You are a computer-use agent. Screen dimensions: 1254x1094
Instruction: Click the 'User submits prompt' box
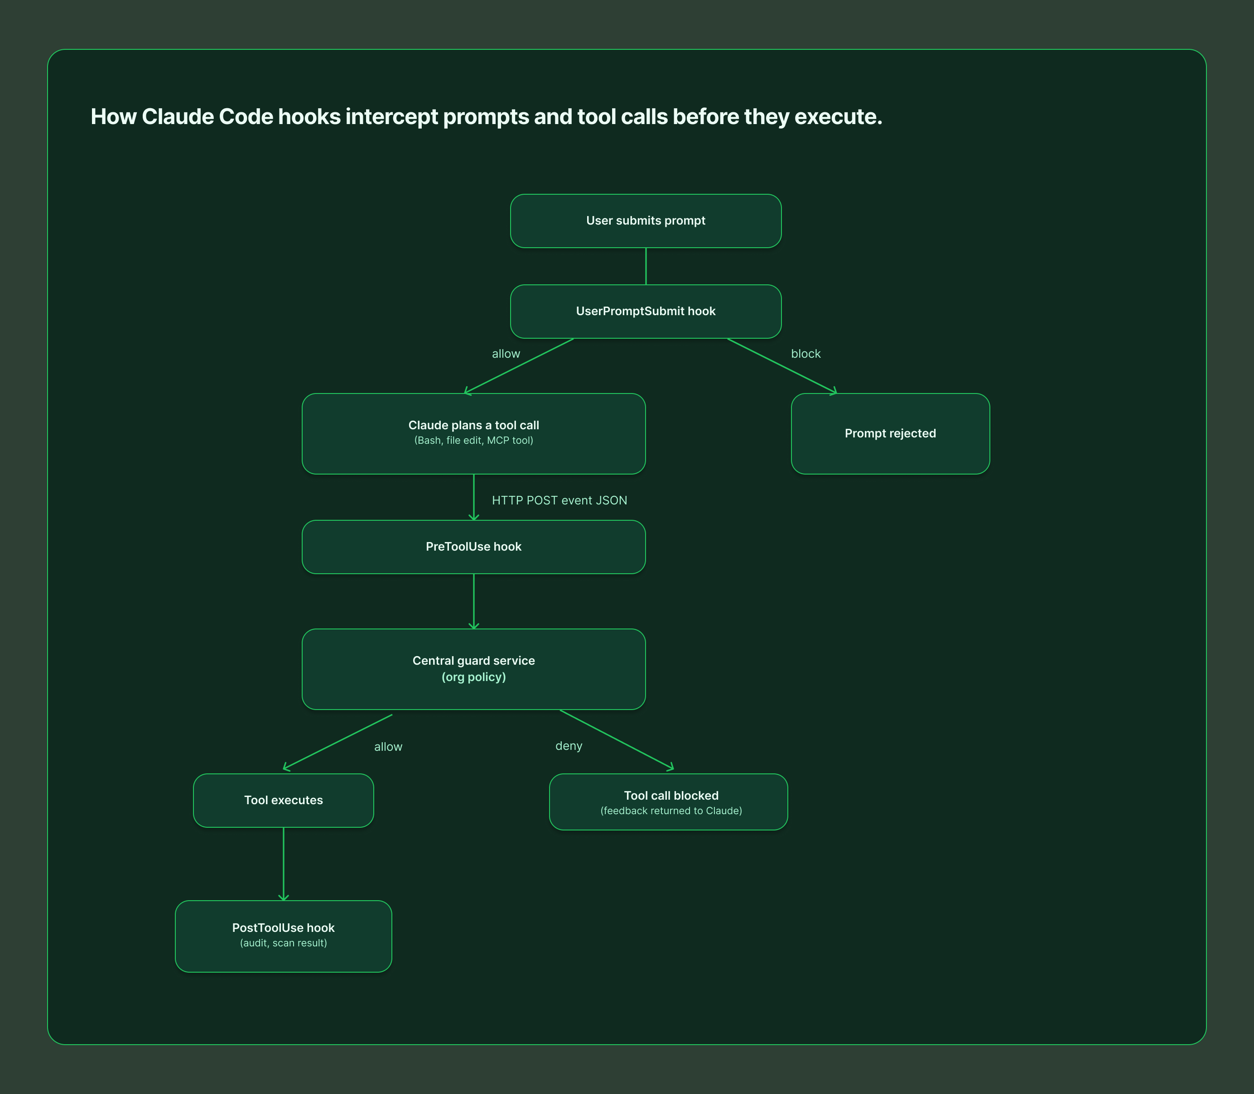point(646,221)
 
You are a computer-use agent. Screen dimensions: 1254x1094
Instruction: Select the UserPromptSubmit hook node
point(646,312)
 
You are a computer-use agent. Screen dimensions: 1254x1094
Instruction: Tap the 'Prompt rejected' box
point(890,433)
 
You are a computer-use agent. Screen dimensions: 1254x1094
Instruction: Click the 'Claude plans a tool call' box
point(473,433)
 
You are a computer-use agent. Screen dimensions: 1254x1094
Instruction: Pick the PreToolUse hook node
point(473,547)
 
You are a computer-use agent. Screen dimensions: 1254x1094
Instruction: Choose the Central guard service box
point(473,669)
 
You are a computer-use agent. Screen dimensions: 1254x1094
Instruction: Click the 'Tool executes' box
point(284,801)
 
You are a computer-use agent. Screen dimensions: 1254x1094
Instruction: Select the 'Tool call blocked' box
point(668,801)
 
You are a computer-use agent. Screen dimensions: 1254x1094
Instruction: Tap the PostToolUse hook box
point(284,936)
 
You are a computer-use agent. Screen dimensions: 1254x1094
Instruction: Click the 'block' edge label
point(805,354)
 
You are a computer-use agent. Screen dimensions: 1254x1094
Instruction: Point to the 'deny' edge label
point(569,746)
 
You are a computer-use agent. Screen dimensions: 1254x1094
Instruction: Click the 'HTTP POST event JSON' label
point(559,501)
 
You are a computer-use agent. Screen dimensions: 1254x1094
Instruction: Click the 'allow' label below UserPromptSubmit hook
point(506,354)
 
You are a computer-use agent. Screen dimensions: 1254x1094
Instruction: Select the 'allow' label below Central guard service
point(388,747)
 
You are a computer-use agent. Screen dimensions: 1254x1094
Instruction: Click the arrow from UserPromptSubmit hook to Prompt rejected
point(782,366)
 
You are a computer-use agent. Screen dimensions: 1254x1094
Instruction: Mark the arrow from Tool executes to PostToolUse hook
point(284,864)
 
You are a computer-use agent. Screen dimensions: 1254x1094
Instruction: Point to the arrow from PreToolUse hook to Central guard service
point(473,601)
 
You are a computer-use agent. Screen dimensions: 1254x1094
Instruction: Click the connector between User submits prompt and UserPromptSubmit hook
point(646,266)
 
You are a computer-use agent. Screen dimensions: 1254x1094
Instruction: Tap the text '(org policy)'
point(473,677)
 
